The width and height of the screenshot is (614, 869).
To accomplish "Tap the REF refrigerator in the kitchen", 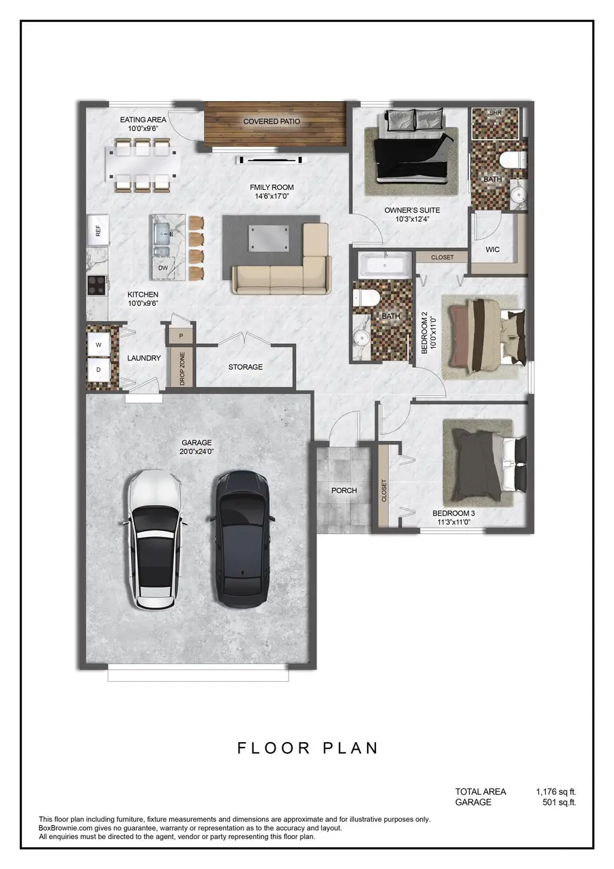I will pyautogui.click(x=98, y=231).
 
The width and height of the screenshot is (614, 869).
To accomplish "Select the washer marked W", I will pyautogui.click(x=98, y=345).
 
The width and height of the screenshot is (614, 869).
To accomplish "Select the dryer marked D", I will pyautogui.click(x=98, y=370).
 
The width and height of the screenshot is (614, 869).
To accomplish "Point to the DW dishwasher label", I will pyautogui.click(x=162, y=268).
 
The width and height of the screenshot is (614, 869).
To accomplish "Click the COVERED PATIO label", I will pyautogui.click(x=272, y=122).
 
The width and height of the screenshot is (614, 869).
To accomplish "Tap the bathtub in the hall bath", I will pyautogui.click(x=385, y=265).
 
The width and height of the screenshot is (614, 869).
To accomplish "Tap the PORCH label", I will pyautogui.click(x=344, y=490).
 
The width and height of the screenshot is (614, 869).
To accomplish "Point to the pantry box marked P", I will pyautogui.click(x=181, y=337).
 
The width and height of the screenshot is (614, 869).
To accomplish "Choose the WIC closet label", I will pyautogui.click(x=493, y=249).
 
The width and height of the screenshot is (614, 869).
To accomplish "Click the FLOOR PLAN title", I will pyautogui.click(x=308, y=747).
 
